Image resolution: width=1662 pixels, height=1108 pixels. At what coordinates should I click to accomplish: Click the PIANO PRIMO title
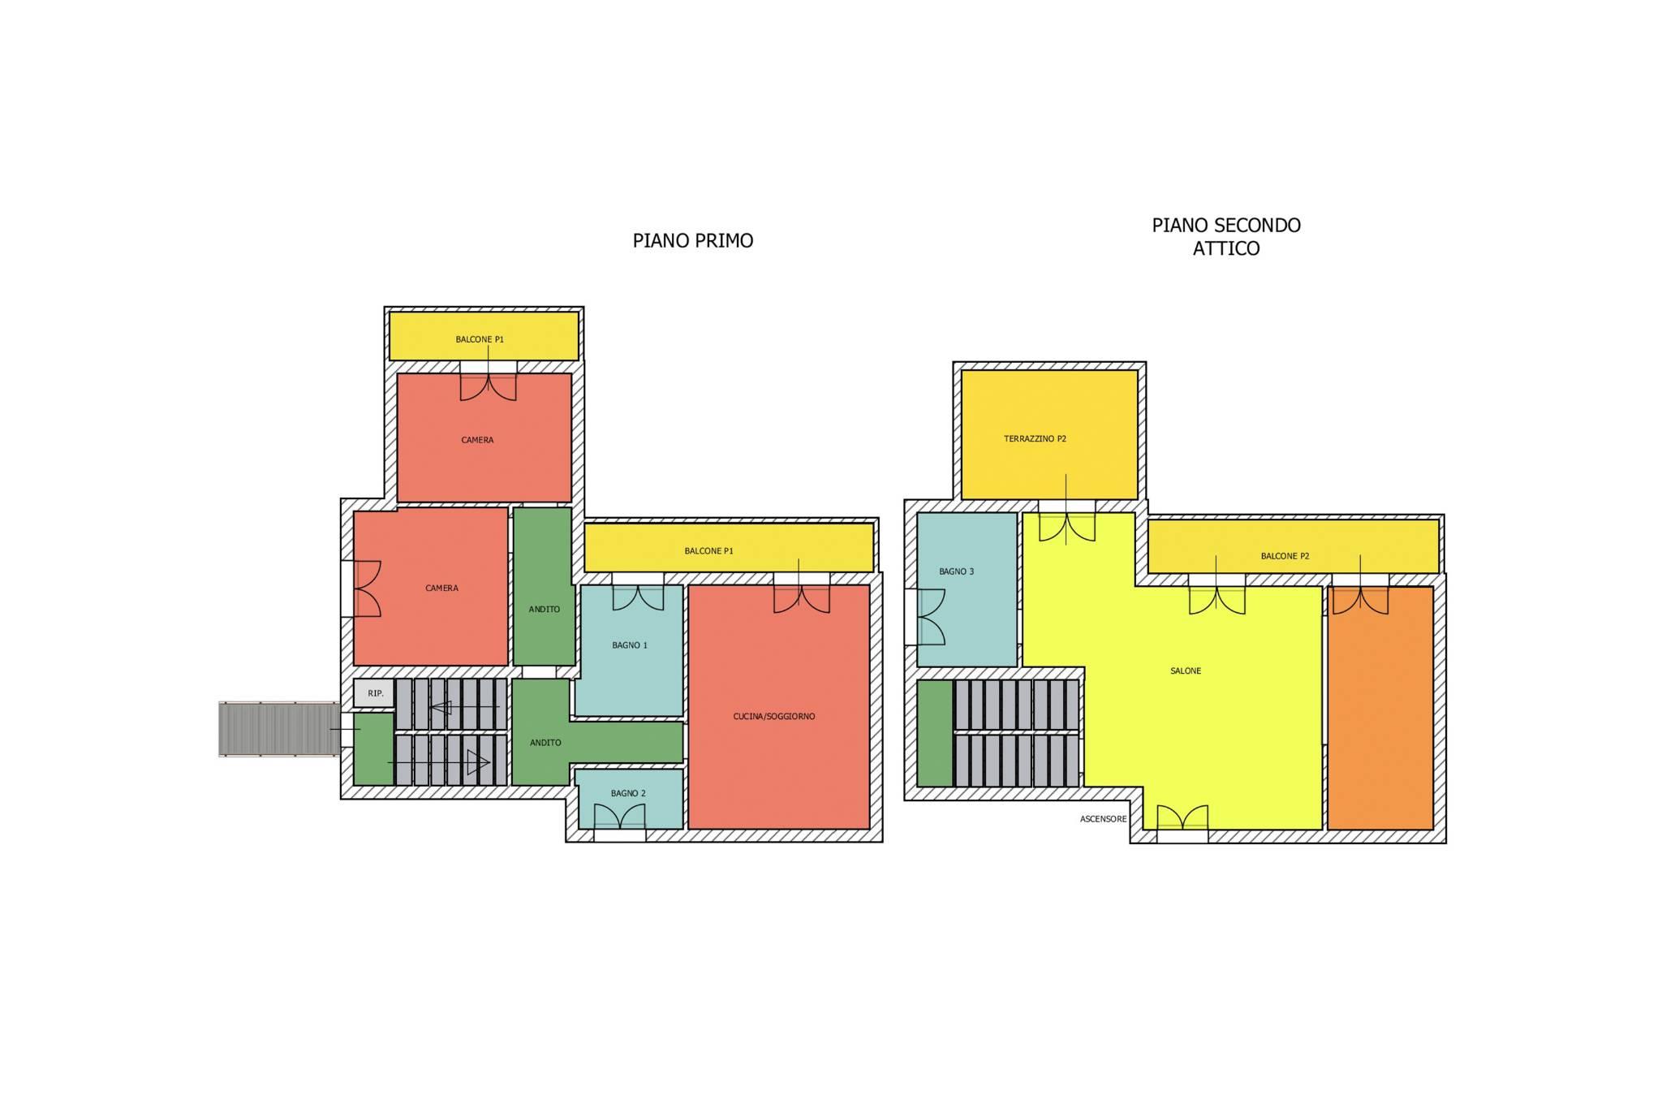coord(693,240)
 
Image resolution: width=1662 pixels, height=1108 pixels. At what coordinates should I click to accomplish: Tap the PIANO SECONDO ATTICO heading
coord(1226,236)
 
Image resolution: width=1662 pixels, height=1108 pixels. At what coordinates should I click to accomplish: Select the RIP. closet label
coord(376,693)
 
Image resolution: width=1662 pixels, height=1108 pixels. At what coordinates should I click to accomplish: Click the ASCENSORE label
coord(1104,819)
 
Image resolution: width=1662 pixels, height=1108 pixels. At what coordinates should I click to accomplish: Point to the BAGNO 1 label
coord(630,645)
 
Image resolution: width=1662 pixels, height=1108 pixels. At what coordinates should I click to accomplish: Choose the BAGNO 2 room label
coord(628,793)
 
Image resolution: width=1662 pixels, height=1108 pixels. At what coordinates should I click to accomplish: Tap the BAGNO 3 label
coord(957,571)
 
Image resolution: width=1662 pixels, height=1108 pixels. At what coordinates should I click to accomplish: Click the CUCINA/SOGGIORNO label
coord(774,716)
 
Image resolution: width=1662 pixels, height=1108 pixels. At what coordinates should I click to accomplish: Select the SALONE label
coord(1186,670)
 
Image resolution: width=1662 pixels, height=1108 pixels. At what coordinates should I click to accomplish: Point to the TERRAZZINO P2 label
coord(1035,438)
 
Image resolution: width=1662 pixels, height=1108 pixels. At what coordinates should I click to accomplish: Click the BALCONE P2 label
coord(1285,556)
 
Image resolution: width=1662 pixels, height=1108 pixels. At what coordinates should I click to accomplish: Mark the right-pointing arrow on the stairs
coord(438,762)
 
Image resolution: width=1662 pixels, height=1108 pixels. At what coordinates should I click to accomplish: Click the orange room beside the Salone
coord(1380,707)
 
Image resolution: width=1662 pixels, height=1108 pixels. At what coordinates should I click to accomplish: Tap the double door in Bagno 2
coord(620,817)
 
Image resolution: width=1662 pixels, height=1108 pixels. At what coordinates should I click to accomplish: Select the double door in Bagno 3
coord(931,617)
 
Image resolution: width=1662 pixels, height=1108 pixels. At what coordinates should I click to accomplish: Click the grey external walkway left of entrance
coord(279,729)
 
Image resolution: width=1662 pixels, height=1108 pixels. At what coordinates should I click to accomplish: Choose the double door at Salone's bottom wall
coord(1182,817)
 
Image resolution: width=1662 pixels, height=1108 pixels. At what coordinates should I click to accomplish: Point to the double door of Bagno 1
coord(638,597)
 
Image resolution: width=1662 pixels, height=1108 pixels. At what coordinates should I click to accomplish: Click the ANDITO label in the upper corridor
coord(544,609)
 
